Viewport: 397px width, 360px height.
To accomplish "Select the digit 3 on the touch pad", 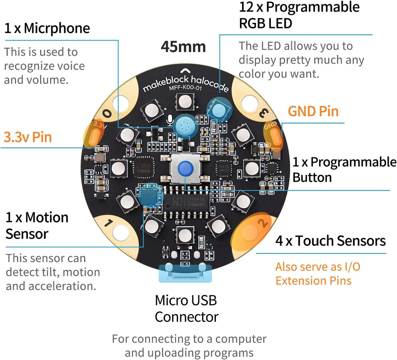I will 264,113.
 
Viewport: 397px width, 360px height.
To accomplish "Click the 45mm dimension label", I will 183,47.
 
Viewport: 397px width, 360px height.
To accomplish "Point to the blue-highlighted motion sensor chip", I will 150,195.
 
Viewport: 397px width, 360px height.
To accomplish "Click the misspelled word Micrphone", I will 57,28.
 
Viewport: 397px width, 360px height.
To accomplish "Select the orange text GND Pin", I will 313,111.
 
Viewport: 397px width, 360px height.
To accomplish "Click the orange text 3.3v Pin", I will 28,137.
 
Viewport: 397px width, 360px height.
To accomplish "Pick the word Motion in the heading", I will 47,218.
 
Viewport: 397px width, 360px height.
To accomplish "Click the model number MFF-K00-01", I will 185,88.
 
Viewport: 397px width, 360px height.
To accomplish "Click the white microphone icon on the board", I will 169,120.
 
